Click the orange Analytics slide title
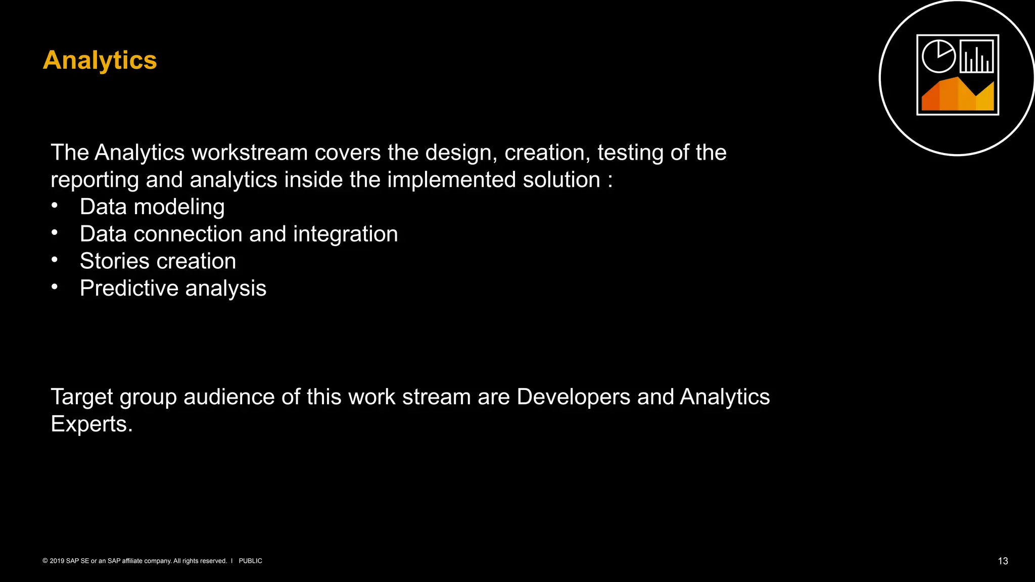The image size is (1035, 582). [x=100, y=60]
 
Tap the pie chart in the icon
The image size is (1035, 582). [x=938, y=56]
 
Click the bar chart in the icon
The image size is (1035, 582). [x=976, y=56]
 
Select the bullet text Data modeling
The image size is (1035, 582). [x=152, y=207]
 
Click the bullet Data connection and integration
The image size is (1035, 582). [x=239, y=234]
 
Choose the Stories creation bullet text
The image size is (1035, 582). [x=158, y=261]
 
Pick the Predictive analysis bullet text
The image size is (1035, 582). [x=173, y=288]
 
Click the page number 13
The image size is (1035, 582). [x=1003, y=561]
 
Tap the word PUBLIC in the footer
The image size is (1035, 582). [x=250, y=561]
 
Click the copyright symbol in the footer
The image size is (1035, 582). [x=45, y=561]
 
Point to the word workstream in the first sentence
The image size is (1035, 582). [x=250, y=153]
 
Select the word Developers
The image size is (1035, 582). [x=573, y=397]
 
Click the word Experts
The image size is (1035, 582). [x=91, y=424]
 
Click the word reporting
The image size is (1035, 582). [x=95, y=180]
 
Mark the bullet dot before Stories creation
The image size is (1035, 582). [x=55, y=260]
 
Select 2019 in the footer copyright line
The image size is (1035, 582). [x=57, y=561]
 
